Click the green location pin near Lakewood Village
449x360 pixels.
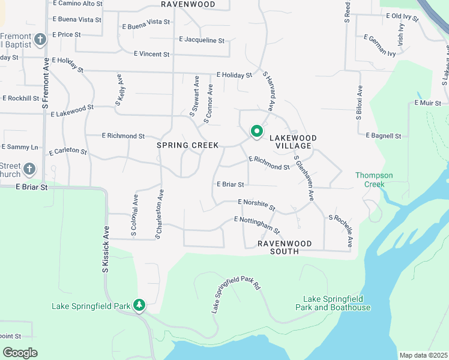256,130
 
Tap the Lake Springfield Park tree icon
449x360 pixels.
139,305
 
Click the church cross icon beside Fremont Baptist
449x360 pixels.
41,40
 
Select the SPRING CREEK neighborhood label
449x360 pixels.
187,145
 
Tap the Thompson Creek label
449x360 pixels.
374,179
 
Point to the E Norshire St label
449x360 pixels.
256,205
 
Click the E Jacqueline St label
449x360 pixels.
202,40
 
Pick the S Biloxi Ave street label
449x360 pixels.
360,103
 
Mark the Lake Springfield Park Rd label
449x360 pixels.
235,295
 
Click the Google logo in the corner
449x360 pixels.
20,353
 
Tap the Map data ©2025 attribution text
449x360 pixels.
423,355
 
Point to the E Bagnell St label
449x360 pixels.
382,136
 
